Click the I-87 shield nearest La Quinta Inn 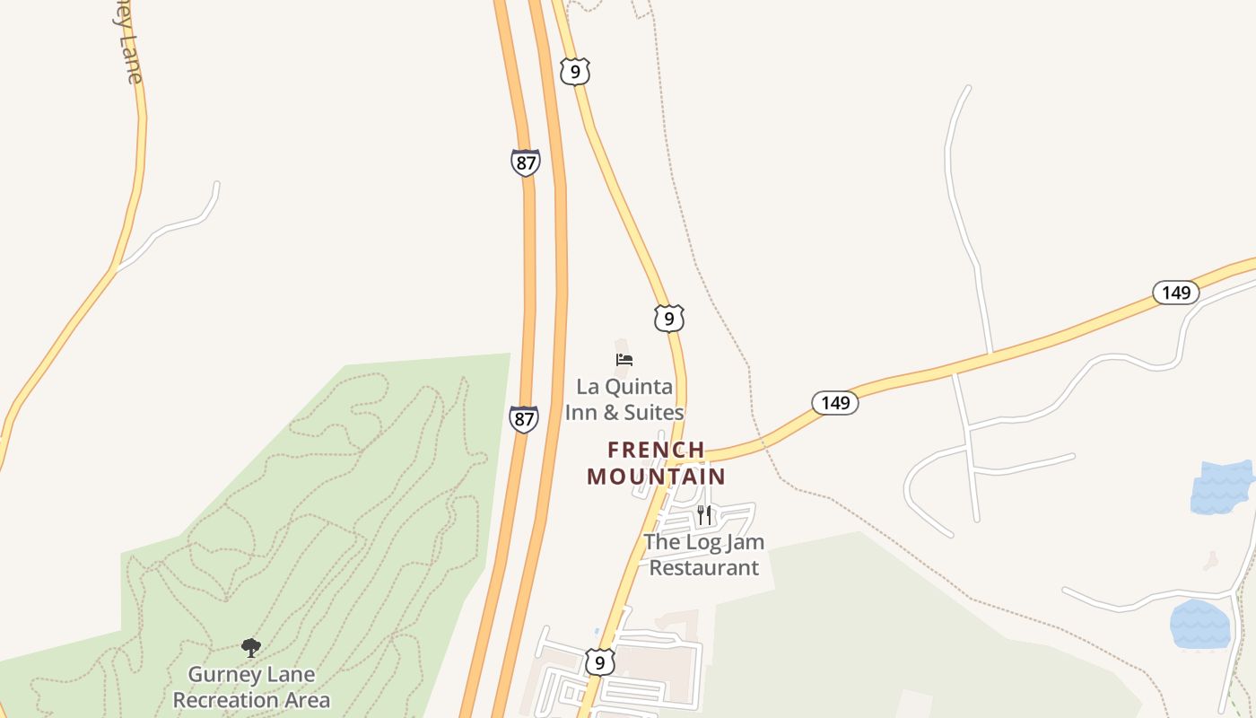(x=524, y=419)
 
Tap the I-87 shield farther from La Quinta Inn (x=526, y=162)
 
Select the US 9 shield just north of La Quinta (x=669, y=319)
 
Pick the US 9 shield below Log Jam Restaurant (x=600, y=662)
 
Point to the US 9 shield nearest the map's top (x=574, y=71)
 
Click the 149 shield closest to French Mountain (x=835, y=403)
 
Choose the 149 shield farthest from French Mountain (x=1175, y=293)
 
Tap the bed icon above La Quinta (x=624, y=360)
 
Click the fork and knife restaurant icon (x=704, y=515)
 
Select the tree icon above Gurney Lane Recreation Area (x=251, y=647)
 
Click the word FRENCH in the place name (x=656, y=450)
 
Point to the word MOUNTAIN (x=656, y=476)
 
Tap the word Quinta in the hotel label (x=637, y=387)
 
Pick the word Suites (x=654, y=413)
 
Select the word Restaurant (x=704, y=567)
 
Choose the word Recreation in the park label (x=251, y=699)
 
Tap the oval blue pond (x=1199, y=624)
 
